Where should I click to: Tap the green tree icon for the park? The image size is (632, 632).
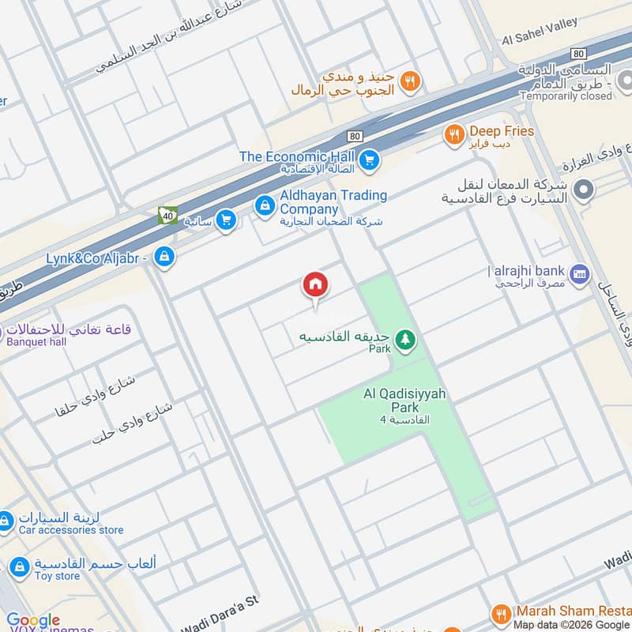tap(405, 339)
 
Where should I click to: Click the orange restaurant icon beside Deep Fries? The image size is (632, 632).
tap(453, 134)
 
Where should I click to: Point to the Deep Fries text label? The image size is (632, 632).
tap(502, 131)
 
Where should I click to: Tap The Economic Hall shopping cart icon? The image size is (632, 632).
tap(367, 161)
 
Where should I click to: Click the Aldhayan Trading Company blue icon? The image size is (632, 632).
tap(265, 205)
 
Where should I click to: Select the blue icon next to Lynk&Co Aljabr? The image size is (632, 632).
tap(164, 257)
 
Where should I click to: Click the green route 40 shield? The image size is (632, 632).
tap(167, 214)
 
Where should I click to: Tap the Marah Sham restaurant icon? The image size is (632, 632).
tap(501, 613)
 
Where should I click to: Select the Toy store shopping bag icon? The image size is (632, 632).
tap(18, 566)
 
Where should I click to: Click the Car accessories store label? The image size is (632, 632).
tap(71, 530)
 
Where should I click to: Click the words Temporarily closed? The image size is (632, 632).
tap(566, 96)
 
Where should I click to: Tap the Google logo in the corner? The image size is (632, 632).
tap(33, 620)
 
